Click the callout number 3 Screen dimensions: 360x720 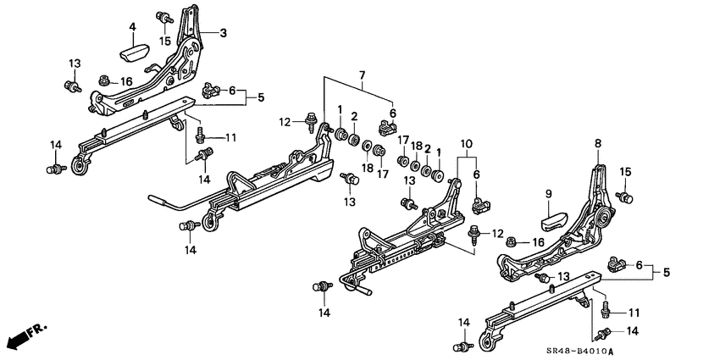[224, 33]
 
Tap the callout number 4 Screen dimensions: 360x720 [132, 27]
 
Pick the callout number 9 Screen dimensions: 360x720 [547, 193]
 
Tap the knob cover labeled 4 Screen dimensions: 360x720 [134, 52]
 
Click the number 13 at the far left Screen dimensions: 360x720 [74, 64]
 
